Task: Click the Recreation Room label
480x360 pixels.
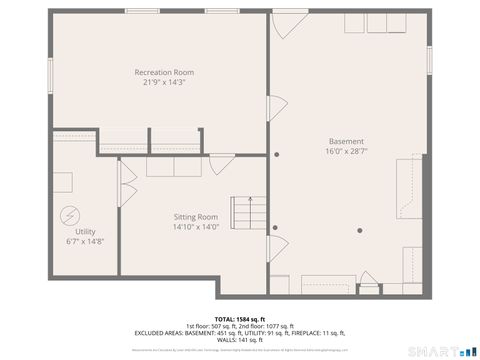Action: pos(165,73)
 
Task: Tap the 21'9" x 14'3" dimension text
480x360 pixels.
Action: pos(165,84)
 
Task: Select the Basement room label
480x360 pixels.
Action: pos(346,141)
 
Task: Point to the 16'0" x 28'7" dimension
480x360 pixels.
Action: pos(346,152)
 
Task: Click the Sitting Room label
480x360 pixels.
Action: pos(195,216)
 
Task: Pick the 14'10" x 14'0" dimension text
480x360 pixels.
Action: pos(195,227)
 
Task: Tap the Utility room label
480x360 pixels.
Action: pos(85,231)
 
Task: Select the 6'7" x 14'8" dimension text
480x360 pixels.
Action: pos(85,242)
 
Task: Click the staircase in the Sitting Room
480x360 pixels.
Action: pos(246,212)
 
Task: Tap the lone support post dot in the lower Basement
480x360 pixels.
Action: pos(359,232)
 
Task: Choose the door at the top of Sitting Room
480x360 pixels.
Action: pos(219,163)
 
